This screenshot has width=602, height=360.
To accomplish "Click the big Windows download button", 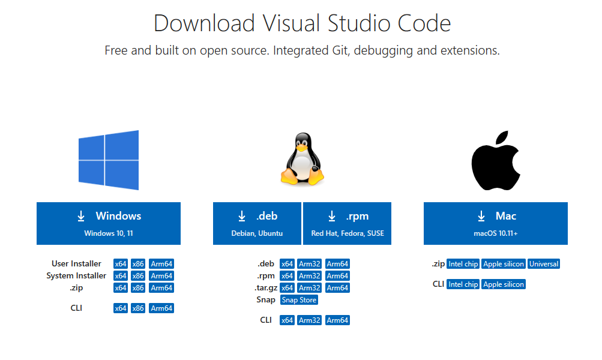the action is [x=109, y=223].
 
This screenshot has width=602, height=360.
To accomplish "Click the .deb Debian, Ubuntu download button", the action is [x=257, y=223].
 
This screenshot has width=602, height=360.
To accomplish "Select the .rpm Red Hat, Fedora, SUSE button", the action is [x=347, y=223].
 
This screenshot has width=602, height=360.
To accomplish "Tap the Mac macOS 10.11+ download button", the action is [x=496, y=223].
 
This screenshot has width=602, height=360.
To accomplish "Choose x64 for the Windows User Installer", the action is [x=121, y=263].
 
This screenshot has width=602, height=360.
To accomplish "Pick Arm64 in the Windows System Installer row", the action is [x=161, y=275].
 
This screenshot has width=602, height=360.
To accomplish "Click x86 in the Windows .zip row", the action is [x=138, y=288].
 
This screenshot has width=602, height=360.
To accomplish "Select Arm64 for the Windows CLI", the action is [x=161, y=308].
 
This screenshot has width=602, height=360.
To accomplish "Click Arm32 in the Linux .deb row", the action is [x=310, y=263].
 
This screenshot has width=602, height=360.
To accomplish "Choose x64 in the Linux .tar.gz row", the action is [x=287, y=288].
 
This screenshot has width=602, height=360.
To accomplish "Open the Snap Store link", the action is [x=299, y=300].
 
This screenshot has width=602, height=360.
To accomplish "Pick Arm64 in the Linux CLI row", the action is [x=337, y=320].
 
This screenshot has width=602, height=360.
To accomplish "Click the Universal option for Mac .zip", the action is [x=544, y=263].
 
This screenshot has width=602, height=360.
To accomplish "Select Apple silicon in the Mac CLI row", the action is [x=504, y=284].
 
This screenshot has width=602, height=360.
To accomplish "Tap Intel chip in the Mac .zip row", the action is [x=463, y=263].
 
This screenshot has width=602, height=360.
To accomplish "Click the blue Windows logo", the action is [x=109, y=160].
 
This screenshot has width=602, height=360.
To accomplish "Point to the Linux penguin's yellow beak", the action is [x=302, y=148].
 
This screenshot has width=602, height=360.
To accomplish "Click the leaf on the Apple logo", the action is [x=502, y=137].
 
